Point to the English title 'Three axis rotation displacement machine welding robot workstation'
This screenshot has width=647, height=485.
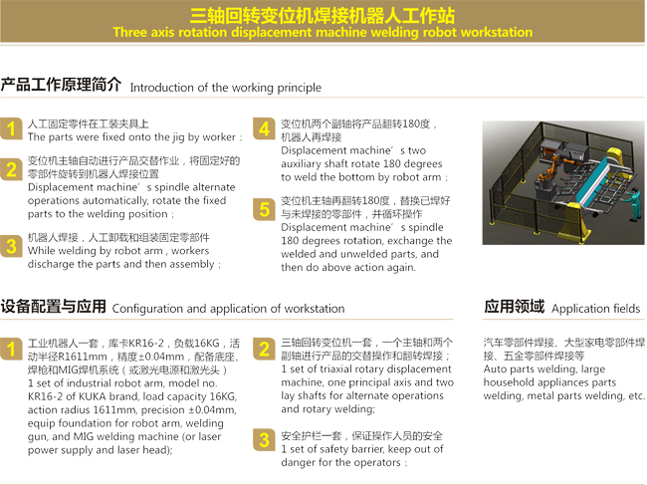tap(323, 32)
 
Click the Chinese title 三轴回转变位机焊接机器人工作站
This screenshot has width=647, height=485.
tap(323, 14)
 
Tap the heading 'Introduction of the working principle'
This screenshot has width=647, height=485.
tap(225, 88)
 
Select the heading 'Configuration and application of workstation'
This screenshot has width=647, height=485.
tap(228, 309)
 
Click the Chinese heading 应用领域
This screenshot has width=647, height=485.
tap(514, 307)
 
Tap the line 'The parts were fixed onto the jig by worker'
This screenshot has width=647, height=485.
tap(131, 136)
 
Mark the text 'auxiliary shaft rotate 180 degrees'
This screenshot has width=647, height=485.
tap(361, 163)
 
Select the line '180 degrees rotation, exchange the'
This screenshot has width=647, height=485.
tap(365, 241)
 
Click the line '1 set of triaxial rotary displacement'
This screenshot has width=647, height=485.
tap(365, 369)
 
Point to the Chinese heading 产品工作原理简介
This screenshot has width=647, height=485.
tap(62, 85)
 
